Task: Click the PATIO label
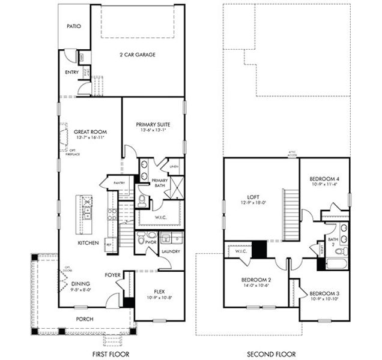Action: point(73,26)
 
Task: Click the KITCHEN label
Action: point(89,243)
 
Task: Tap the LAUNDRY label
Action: point(171,251)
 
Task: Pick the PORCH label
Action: point(85,319)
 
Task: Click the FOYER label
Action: point(112,275)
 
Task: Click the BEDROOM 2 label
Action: point(256,280)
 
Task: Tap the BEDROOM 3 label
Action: point(325,293)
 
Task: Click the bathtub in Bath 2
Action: point(335,263)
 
